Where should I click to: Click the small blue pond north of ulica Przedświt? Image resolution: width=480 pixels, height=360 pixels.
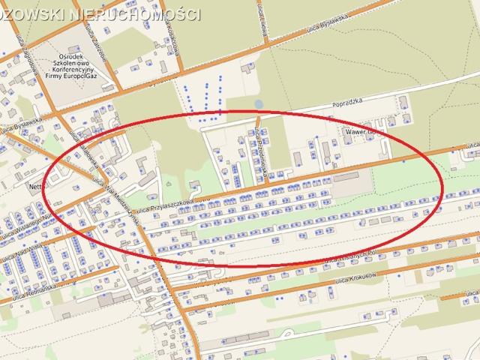[259, 104]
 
